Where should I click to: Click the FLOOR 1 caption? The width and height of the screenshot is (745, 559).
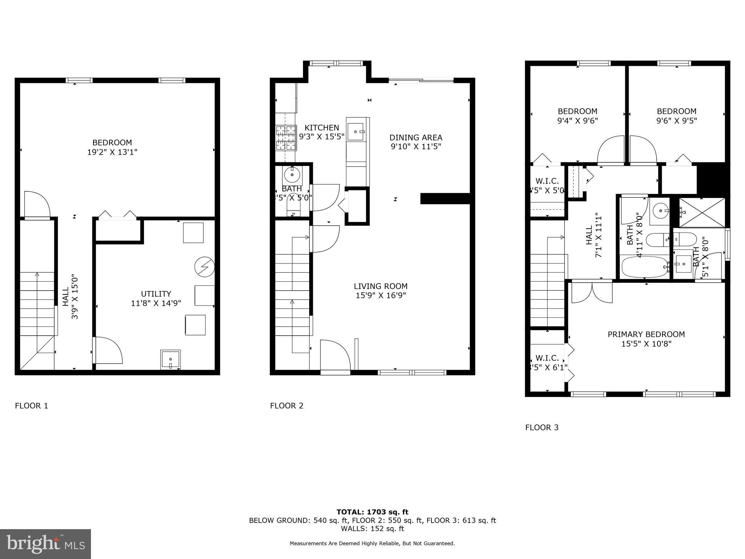[31, 406]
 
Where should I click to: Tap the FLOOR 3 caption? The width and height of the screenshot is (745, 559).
[542, 428]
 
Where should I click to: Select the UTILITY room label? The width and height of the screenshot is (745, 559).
[156, 294]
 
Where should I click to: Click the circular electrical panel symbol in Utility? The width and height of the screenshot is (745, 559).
[204, 267]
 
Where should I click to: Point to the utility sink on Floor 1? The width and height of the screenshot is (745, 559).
[171, 360]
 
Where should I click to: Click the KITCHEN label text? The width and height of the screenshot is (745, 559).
[322, 128]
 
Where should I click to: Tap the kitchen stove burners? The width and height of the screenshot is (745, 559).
[286, 138]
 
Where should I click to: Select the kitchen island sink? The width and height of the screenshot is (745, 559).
[355, 131]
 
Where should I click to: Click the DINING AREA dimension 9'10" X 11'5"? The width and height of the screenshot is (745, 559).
[416, 147]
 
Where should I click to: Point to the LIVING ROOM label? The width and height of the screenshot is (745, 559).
[381, 286]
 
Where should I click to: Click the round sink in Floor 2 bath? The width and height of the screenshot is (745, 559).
[292, 175]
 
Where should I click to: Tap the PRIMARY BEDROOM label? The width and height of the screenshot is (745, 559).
[646, 334]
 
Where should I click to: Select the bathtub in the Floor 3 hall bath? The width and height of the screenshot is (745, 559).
[644, 267]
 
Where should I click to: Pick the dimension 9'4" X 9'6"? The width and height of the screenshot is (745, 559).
[577, 121]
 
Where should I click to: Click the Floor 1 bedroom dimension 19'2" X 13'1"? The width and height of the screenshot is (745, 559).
[112, 152]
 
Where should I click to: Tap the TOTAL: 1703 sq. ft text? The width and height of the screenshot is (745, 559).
[372, 512]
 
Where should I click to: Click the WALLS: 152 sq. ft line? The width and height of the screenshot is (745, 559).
[372, 528]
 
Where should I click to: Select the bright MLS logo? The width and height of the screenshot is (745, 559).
[45, 544]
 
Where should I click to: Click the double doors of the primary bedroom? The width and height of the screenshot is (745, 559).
[592, 293]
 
